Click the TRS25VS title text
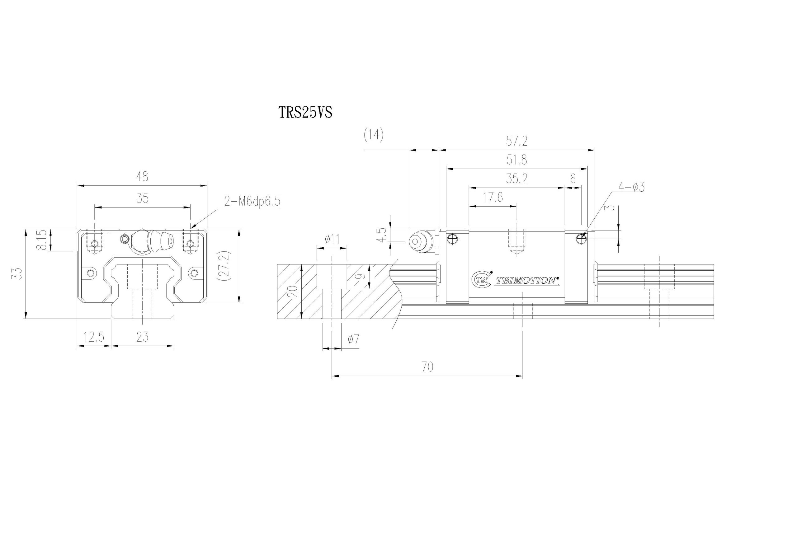point(305,112)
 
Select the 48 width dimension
point(142,177)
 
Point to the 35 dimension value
point(143,198)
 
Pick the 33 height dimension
point(18,273)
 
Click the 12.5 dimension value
point(94,337)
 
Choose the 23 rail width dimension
point(143,337)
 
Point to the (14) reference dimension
point(374,135)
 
